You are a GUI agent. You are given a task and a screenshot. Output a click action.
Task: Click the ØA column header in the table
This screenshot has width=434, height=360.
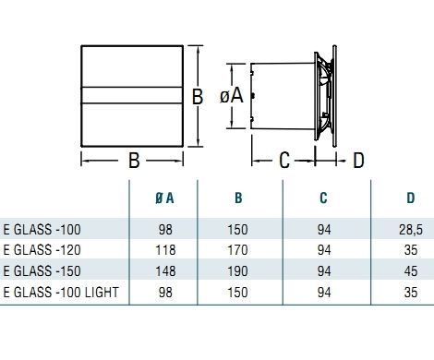point(164,198)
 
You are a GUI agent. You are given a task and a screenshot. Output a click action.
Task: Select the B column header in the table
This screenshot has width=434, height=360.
point(238,198)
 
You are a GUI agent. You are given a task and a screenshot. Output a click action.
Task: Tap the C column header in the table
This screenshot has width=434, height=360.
point(323,198)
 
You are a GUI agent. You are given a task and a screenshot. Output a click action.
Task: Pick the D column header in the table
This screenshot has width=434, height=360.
point(411,198)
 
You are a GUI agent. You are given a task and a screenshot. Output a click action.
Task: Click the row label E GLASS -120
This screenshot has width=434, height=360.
point(42,250)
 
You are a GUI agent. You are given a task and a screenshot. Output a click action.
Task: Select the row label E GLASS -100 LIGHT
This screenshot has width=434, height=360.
point(61,292)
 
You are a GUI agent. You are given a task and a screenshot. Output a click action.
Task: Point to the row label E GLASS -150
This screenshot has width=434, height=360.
point(42,271)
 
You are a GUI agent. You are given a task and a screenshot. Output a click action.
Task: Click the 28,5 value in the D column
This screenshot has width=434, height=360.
point(411,230)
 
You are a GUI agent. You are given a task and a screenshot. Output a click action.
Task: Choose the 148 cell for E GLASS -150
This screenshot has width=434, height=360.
point(165,271)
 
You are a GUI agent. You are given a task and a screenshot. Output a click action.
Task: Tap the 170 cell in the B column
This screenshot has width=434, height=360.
point(237,250)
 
